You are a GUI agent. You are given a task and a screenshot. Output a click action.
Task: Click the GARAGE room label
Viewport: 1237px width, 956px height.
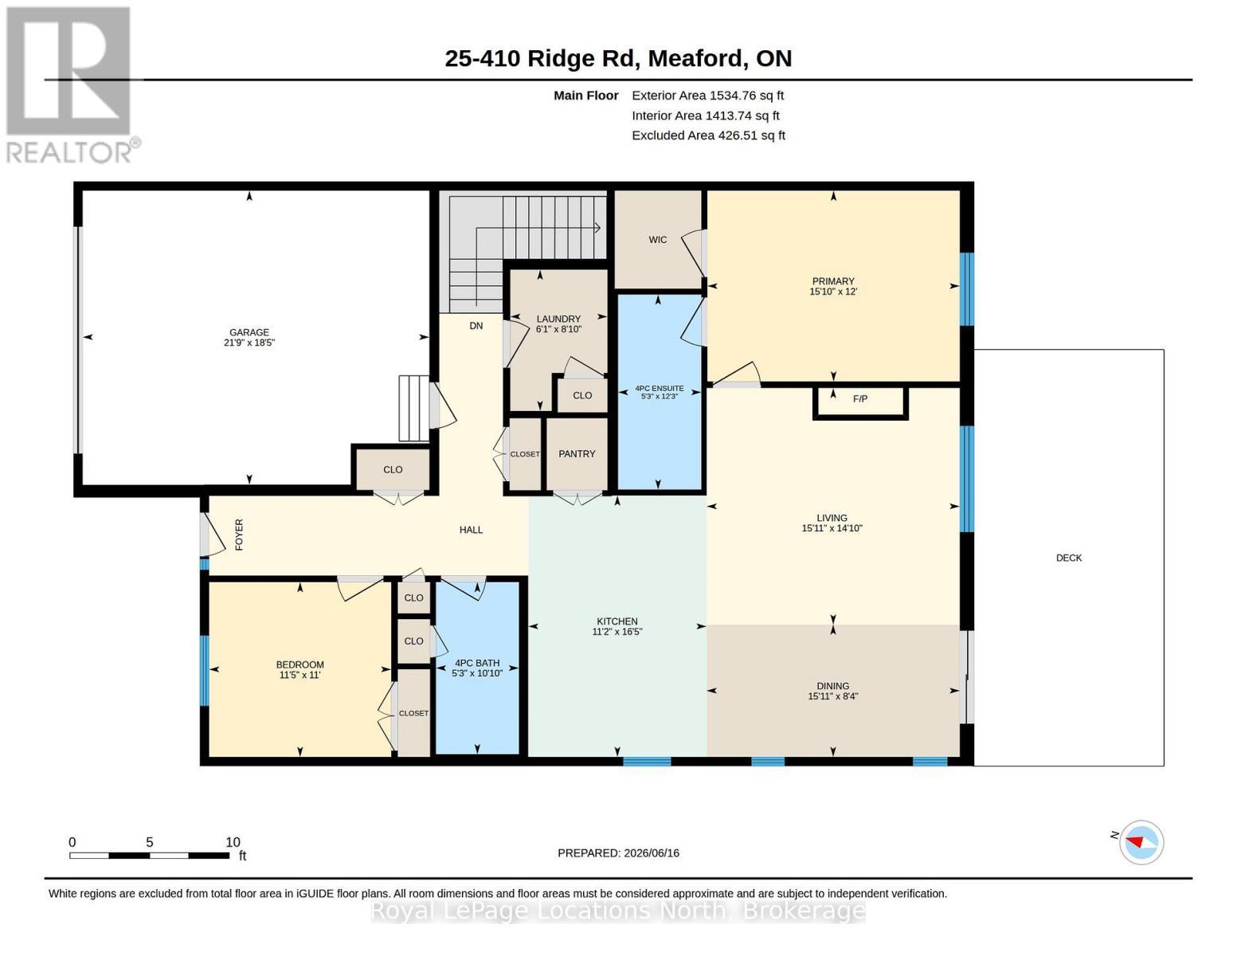pos(249,332)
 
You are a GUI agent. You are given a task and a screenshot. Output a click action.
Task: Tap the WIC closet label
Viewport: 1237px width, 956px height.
pos(657,240)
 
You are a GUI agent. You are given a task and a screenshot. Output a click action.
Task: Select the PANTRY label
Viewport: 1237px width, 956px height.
pos(577,454)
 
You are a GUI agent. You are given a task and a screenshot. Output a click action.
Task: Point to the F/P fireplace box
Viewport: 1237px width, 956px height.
pos(860,403)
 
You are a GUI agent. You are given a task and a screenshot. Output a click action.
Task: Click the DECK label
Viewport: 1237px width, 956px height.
pos(1068,558)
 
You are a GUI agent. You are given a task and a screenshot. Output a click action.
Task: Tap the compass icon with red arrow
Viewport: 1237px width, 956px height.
pos(1141,843)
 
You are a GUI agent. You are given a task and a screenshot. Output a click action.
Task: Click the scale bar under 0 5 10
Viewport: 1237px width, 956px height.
pos(149,855)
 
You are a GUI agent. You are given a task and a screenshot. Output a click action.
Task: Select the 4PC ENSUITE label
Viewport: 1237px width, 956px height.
pos(660,388)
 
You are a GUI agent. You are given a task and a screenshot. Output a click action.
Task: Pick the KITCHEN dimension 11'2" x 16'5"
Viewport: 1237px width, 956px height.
pos(617,632)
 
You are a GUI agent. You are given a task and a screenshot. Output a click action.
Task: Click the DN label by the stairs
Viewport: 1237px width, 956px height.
pos(476,326)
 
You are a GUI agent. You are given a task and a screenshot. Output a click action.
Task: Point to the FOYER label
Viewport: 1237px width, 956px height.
pos(239,535)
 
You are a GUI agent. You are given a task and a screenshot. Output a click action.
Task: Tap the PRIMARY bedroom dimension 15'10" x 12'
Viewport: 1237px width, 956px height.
pos(833,292)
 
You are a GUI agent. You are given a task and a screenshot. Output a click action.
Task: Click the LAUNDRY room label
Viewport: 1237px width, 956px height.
pos(558,319)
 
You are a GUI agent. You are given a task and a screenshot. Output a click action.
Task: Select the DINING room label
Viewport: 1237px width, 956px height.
pos(833,686)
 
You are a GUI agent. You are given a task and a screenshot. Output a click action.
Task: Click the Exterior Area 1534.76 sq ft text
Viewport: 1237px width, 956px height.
pos(707,96)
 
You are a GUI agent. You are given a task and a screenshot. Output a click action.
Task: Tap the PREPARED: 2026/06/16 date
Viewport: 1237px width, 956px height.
pos(618,853)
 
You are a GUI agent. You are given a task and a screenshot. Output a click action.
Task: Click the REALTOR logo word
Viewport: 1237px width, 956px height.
pos(69,152)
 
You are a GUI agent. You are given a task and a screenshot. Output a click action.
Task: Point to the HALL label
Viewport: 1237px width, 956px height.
pos(471,530)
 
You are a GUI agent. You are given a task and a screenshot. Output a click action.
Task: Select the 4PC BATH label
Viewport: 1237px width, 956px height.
pos(477,664)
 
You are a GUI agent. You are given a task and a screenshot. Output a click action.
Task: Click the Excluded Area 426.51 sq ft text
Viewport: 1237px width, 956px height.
pos(708,135)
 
